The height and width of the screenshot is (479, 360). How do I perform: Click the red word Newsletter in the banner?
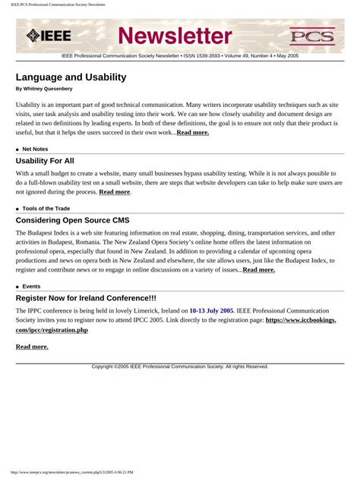175,35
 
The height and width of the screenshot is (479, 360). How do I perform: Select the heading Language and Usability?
71,77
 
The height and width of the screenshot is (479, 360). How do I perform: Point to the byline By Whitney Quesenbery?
44,89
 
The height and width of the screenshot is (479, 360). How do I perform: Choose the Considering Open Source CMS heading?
72,220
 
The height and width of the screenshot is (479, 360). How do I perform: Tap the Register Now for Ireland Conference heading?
86,298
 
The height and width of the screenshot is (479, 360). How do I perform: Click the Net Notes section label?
35,150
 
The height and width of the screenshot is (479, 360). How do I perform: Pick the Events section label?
31,286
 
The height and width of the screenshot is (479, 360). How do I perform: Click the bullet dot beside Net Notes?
17,150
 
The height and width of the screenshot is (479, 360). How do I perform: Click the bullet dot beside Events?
17,286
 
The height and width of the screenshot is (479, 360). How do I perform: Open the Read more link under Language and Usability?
192,133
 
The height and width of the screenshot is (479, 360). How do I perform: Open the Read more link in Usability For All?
114,192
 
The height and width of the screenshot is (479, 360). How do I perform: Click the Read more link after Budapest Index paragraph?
258,269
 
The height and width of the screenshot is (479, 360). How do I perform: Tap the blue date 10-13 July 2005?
211,310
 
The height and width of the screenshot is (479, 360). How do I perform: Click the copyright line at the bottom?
180,367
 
